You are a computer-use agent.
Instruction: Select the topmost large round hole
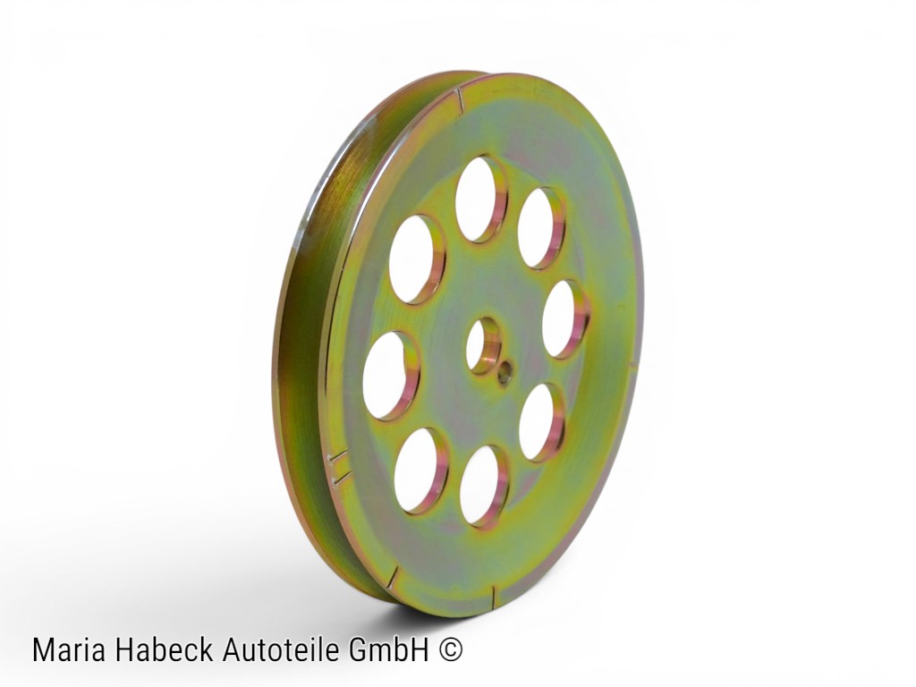click(x=480, y=199)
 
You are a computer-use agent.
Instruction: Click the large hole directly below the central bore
click(x=484, y=488)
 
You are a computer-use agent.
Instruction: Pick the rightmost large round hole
click(x=564, y=319)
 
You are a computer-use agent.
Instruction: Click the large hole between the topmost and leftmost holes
click(x=417, y=259)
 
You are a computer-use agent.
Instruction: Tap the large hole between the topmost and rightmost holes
click(x=540, y=228)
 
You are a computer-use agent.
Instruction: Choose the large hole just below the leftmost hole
click(x=421, y=471)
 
